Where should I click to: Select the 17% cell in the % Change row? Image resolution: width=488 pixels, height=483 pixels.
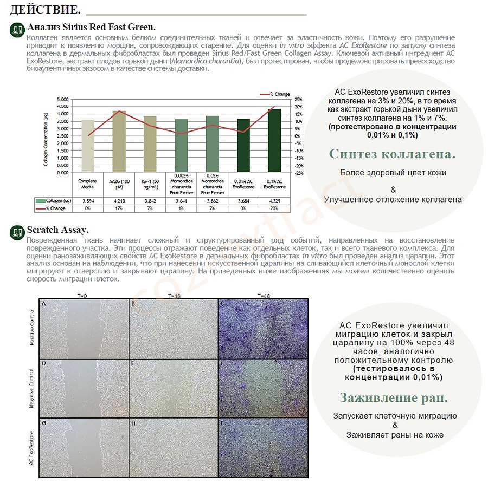point(118,208)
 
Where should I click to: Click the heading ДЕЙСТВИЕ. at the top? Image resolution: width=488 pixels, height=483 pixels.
point(46,9)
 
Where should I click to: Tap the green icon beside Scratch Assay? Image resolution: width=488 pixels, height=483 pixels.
point(17,232)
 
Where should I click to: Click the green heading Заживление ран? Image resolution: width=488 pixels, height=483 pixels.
point(394,398)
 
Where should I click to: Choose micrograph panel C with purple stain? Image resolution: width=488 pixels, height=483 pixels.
point(262,328)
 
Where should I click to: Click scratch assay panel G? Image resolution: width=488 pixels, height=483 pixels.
point(84,447)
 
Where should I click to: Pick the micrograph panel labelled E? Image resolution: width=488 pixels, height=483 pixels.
point(172,388)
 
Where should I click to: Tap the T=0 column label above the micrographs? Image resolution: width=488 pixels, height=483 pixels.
point(84,296)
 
